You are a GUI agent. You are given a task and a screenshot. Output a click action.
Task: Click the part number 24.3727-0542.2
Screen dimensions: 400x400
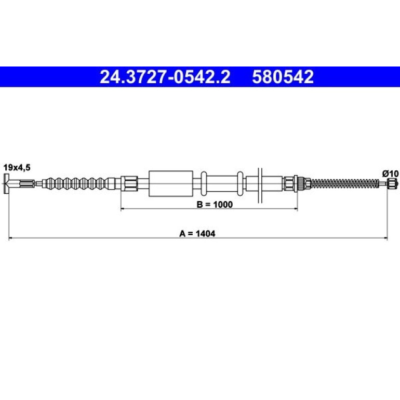[x=165, y=77]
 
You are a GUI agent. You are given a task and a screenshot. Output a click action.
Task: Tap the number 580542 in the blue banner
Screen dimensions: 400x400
[x=283, y=77]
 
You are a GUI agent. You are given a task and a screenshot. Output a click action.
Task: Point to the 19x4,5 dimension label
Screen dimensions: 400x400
[x=17, y=168]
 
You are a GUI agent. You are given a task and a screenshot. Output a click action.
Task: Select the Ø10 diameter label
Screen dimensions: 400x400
[x=390, y=174]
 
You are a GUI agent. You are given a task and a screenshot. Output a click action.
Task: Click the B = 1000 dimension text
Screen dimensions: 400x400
[x=215, y=204]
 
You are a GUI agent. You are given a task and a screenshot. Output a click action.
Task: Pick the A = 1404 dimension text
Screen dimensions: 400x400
[x=197, y=233]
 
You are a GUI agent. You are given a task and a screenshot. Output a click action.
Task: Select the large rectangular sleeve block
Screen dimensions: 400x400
[x=171, y=183]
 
